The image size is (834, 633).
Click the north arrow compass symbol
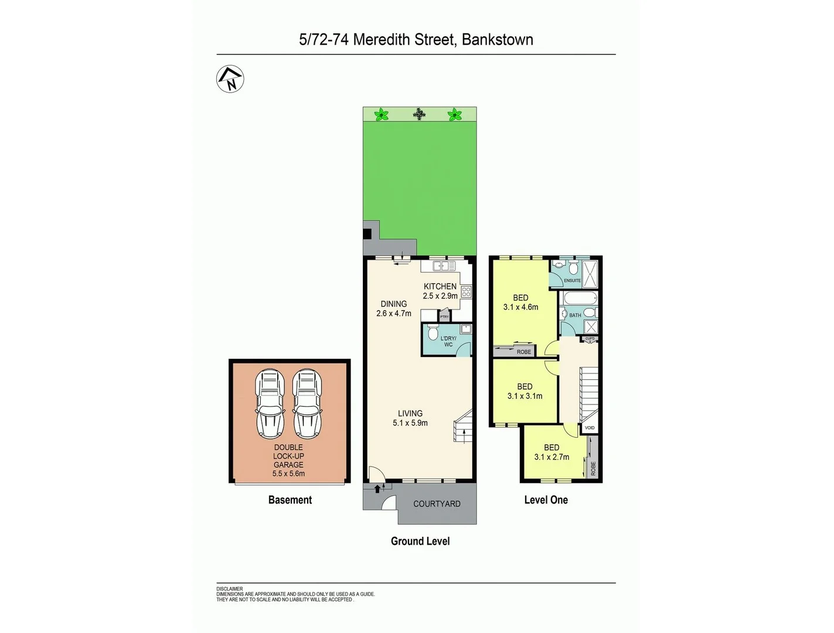(230, 79)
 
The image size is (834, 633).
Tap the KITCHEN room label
(440, 286)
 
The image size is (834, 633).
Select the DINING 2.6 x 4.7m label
(394, 308)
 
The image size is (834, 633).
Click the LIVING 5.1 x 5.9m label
(410, 418)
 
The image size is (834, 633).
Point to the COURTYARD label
(437, 503)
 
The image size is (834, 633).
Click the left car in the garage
(270, 404)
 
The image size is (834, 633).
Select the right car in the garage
(307, 404)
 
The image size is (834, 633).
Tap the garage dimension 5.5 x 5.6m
(288, 474)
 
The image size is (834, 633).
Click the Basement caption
(290, 500)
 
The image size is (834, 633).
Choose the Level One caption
(546, 500)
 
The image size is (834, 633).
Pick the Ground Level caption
(420, 541)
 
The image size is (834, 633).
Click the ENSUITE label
(572, 281)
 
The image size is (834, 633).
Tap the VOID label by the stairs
(590, 428)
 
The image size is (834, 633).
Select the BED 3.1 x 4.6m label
(520, 302)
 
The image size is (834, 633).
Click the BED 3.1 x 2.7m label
(552, 452)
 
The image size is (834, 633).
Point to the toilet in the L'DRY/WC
(433, 333)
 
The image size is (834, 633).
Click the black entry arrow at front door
(377, 488)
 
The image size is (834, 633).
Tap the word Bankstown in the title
(497, 39)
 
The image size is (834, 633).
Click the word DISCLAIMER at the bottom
(229, 589)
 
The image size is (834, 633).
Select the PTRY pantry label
(444, 317)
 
